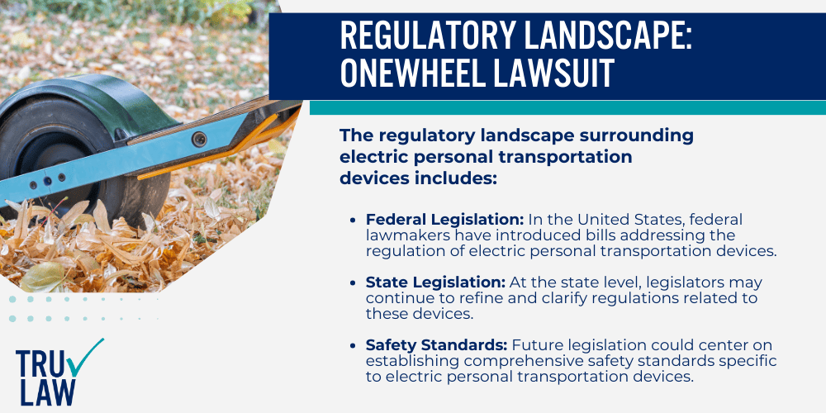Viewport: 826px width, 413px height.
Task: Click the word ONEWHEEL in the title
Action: pyautogui.click(x=426, y=73)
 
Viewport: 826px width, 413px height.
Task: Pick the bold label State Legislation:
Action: pyautogui.click(x=424, y=281)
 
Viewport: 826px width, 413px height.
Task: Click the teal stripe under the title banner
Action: pyautogui.click(x=567, y=107)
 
